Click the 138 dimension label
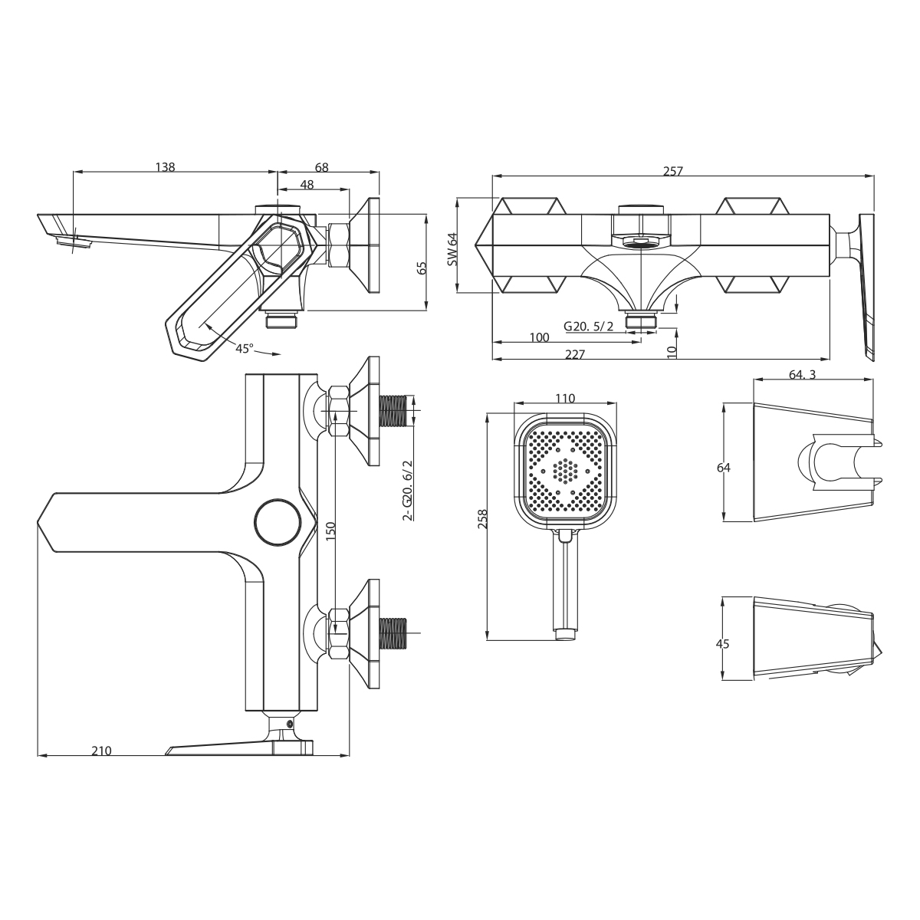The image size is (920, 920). coord(165,166)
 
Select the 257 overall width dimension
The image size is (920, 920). coord(672,171)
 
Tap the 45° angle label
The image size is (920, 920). coord(245,348)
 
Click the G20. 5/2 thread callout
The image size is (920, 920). coord(589,326)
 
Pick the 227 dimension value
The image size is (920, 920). coord(575,353)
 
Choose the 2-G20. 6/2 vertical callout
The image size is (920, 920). coord(407,490)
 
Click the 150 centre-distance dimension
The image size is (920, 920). coord(330,531)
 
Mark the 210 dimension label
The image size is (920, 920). coord(101,751)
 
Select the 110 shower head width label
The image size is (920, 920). coord(564,398)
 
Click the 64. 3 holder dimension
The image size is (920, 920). coord(803,374)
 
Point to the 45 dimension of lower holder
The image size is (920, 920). coord(721,643)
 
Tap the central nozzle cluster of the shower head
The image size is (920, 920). coord(566,470)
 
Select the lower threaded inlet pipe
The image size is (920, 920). coord(395,632)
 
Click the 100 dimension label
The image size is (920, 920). coord(539,337)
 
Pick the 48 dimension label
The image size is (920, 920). coord(307,184)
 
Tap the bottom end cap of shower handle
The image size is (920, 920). coord(565,633)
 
